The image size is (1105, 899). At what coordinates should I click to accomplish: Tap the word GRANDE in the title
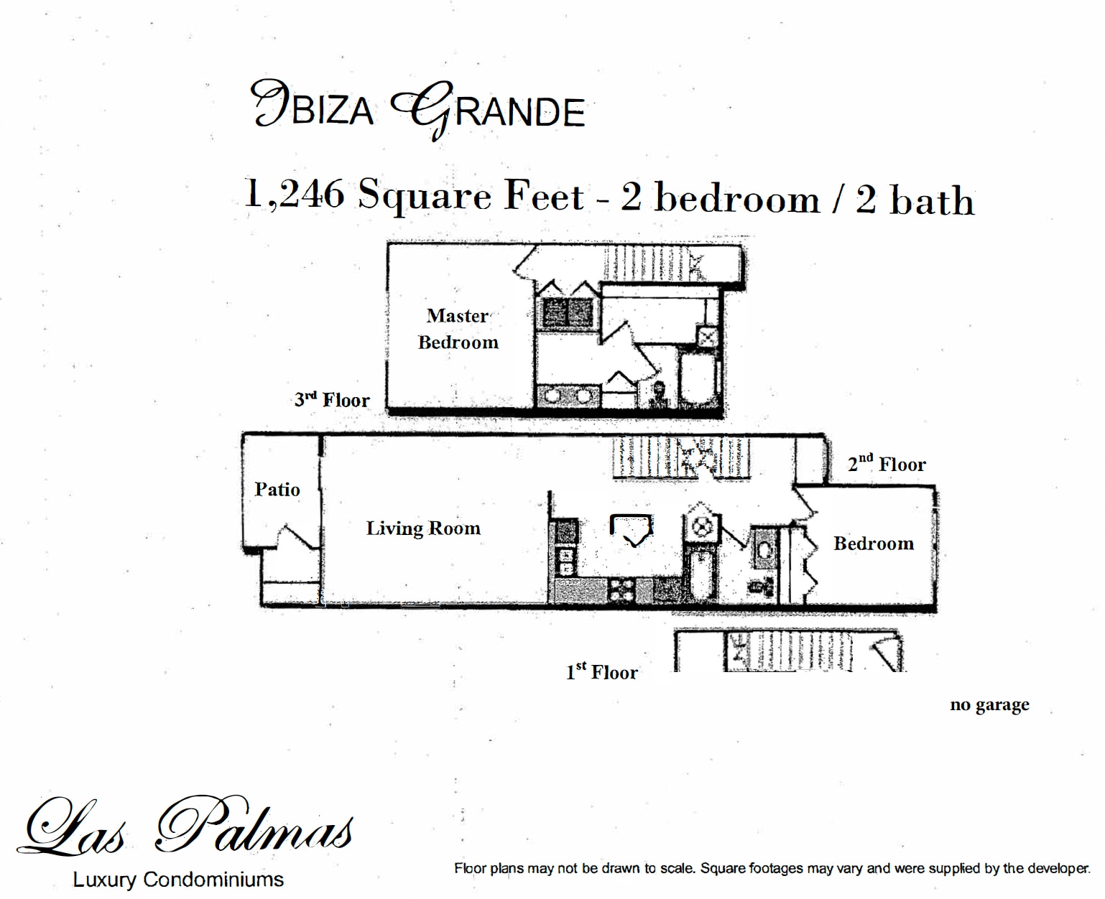coord(489,110)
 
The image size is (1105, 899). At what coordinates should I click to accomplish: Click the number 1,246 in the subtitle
coord(295,193)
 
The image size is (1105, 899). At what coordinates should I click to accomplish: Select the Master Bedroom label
coord(458,329)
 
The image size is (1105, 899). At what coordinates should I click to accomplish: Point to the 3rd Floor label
coord(332,400)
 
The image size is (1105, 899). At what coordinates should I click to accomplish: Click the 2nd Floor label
coord(887,464)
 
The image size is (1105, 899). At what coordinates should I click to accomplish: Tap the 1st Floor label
coord(601,672)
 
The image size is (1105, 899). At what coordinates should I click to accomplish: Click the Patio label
coord(277,490)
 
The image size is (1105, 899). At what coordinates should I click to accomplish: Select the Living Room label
coord(423,528)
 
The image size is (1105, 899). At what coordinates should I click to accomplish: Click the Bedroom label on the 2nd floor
coord(874,544)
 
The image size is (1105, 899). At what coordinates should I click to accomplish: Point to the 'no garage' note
coord(989,704)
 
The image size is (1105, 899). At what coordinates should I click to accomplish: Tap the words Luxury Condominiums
coord(178,880)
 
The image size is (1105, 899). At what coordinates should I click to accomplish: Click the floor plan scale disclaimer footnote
coord(772,868)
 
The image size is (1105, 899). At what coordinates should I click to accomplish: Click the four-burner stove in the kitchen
coord(621,590)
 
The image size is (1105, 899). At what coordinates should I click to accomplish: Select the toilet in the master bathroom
coord(658,393)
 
